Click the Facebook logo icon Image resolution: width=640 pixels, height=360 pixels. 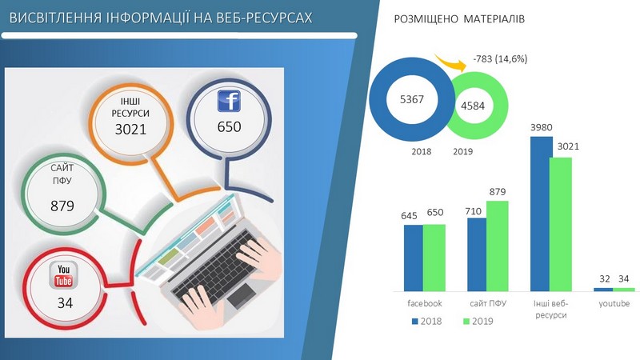[x=229, y=101]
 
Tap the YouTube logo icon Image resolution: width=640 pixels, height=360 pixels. [x=63, y=275]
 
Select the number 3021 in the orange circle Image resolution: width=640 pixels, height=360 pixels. [x=130, y=130]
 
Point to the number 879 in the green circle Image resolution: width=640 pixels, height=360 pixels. [x=62, y=206]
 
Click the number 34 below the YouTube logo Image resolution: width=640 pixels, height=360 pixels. [x=65, y=303]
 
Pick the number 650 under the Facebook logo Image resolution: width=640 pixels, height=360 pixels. [x=229, y=127]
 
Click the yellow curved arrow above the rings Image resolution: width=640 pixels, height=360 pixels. [x=450, y=62]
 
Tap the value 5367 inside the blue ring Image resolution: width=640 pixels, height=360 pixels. [x=412, y=99]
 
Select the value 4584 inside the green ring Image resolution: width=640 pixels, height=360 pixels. [x=473, y=106]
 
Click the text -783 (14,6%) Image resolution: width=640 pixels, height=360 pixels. [x=500, y=59]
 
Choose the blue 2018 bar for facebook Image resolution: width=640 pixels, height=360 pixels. [x=414, y=258]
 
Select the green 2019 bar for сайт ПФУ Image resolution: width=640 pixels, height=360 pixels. [x=497, y=246]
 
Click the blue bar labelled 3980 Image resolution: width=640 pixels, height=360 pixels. [x=542, y=214]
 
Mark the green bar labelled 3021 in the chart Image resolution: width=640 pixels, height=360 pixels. [x=561, y=224]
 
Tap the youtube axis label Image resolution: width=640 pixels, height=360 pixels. [x=614, y=304]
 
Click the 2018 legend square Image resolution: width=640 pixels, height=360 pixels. [x=415, y=322]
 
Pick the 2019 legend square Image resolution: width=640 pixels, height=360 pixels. [x=466, y=322]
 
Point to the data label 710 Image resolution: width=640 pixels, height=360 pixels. [x=473, y=211]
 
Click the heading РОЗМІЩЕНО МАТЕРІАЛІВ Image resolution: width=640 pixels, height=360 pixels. [x=459, y=19]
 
